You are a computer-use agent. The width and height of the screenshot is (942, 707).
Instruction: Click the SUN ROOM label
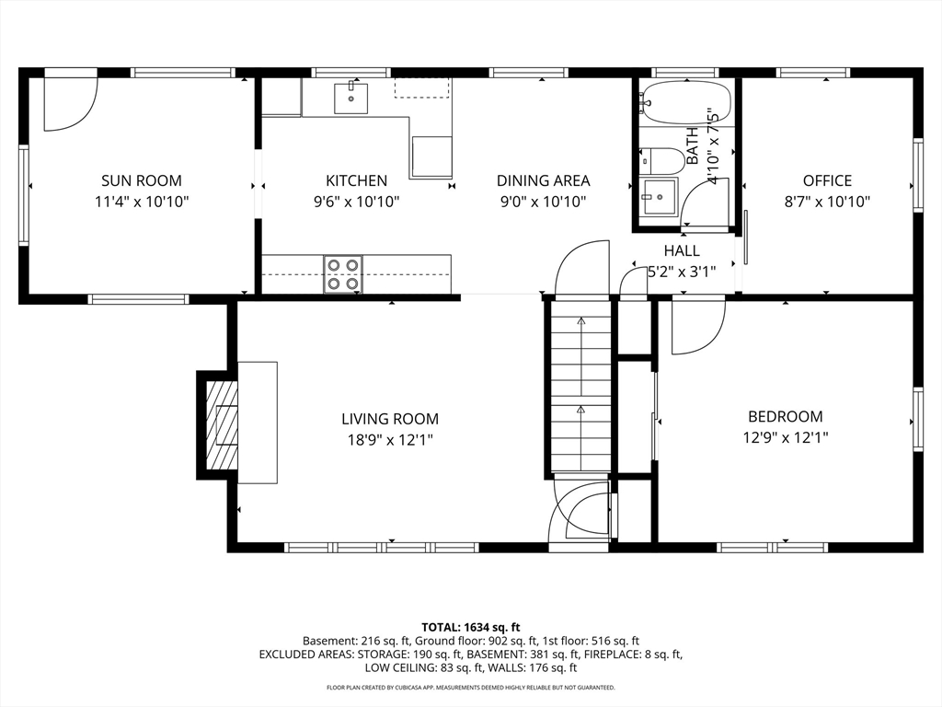click(x=141, y=180)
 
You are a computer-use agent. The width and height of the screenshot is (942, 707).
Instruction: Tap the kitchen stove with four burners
click(x=342, y=274)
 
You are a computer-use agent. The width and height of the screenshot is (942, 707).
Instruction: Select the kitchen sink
click(x=350, y=98)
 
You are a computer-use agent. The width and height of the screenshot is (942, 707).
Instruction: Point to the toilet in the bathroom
click(x=664, y=161)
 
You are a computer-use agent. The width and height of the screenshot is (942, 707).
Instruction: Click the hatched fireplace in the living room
click(x=221, y=424)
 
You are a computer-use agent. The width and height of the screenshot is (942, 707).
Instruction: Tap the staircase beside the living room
click(x=580, y=387)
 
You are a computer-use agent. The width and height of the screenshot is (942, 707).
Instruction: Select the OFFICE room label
click(x=827, y=180)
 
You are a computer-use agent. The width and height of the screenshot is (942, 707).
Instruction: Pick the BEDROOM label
click(x=785, y=416)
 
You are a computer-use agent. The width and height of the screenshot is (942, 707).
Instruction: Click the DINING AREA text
click(x=543, y=180)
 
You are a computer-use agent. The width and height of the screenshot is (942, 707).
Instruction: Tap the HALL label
click(x=681, y=250)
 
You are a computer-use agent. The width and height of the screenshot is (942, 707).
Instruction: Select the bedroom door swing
click(x=696, y=329)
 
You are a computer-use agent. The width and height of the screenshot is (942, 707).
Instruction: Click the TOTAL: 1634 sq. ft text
click(x=470, y=626)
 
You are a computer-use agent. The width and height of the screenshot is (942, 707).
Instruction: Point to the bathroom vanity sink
click(x=659, y=195)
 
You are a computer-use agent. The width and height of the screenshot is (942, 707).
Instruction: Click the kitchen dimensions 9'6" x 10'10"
click(x=356, y=202)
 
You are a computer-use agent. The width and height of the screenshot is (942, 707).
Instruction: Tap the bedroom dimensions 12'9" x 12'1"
click(x=785, y=438)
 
